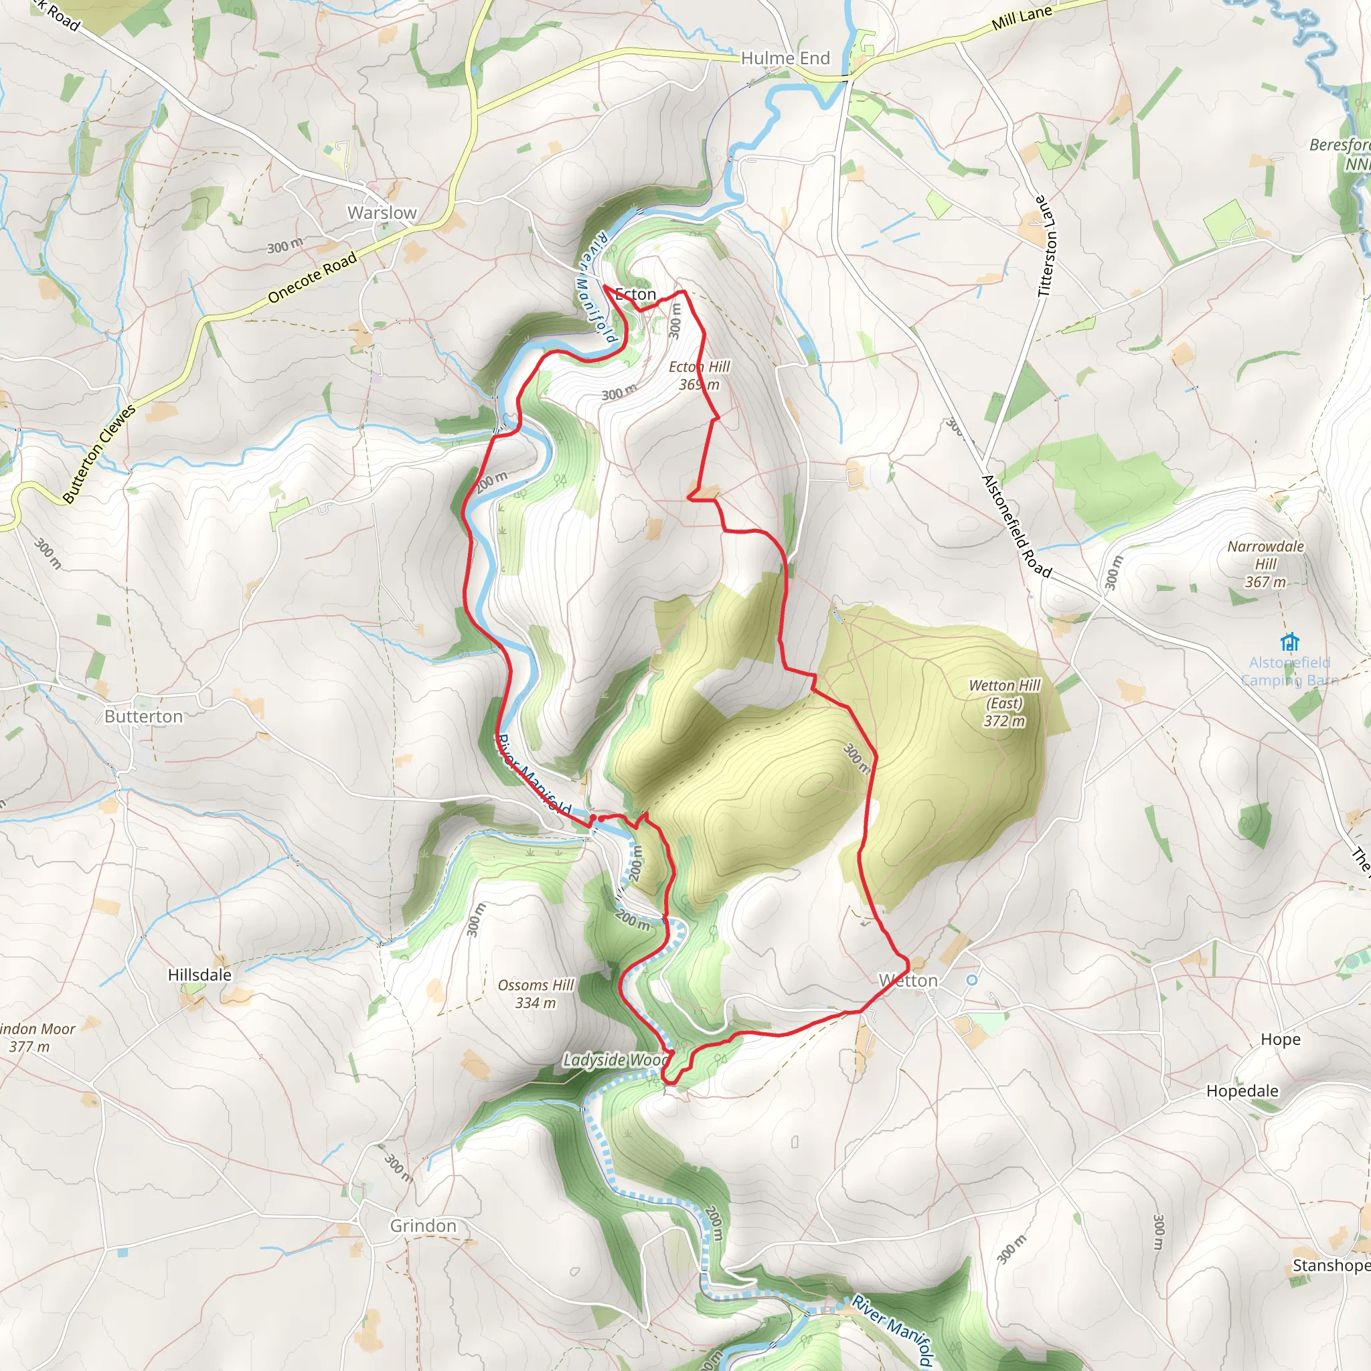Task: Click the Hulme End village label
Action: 785,58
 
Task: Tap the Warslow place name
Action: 382,213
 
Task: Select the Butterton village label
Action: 143,717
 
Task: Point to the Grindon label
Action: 423,1226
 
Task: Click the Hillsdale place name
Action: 199,975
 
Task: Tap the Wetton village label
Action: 908,981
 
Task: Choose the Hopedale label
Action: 1242,1091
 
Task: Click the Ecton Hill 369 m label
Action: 699,376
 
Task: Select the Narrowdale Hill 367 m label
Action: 1265,564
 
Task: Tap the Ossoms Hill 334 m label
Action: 536,993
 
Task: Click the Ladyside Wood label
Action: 615,1060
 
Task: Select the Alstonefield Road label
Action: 1016,526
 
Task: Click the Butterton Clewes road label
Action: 99,454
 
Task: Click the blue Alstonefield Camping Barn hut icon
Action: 1289,642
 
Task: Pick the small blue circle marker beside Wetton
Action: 972,980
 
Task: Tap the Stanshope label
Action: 1331,1265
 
